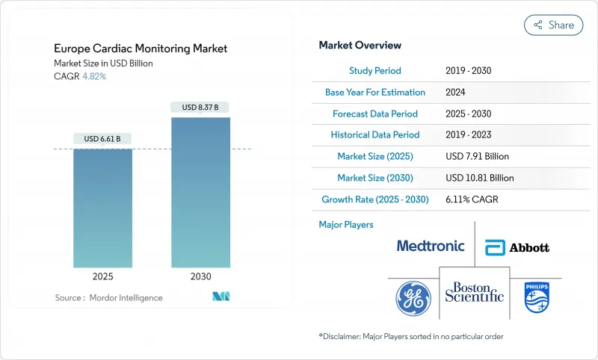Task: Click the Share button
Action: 553,25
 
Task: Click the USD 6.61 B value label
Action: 102,138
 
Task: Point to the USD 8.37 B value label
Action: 200,108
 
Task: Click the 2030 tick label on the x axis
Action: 200,276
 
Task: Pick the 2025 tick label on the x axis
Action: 102,276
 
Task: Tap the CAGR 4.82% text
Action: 81,76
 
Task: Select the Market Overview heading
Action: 360,46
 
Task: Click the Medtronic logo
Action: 431,246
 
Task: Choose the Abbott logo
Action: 517,247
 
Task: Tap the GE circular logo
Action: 413,297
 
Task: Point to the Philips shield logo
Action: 537,297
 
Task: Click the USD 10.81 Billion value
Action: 479,178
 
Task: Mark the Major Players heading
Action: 346,224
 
